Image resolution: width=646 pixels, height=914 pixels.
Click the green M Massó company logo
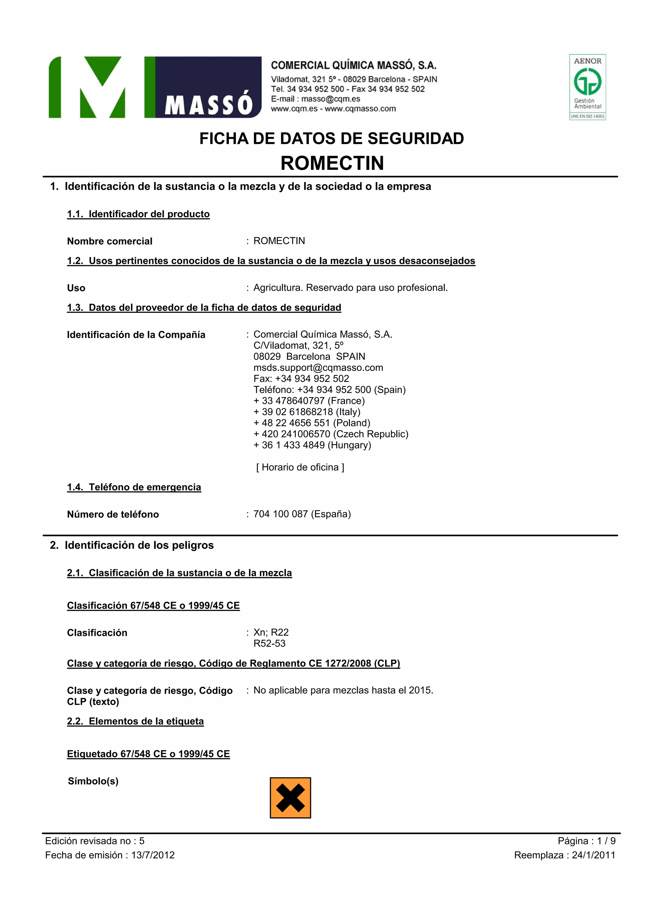coord(155,87)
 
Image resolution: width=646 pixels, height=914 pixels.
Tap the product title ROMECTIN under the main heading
coord(332,163)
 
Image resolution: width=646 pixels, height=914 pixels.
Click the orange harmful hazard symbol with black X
coord(290,797)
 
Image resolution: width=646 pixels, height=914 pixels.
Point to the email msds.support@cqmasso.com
coord(318,367)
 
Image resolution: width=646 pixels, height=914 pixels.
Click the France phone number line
coord(309,401)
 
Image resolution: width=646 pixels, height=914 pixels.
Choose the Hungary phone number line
coord(312,445)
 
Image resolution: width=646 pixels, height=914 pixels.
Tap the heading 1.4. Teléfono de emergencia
coord(134,487)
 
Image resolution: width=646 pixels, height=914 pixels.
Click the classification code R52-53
coord(269,643)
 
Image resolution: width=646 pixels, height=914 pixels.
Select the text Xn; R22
coord(271,632)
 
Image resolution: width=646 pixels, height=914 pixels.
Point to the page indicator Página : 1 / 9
coord(586,841)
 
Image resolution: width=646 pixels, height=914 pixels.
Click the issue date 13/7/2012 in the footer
coord(153,855)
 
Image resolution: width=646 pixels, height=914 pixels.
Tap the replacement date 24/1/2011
coord(593,855)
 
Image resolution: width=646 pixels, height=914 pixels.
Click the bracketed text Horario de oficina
coord(300,467)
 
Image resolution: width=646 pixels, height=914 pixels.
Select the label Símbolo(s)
coord(93,781)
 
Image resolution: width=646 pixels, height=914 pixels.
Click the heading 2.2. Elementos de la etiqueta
coord(135,721)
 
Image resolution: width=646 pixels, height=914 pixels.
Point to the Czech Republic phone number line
coord(331,434)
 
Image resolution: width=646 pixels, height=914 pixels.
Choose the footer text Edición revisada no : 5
coord(95,841)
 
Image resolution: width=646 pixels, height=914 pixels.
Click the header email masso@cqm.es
coord(331,99)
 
